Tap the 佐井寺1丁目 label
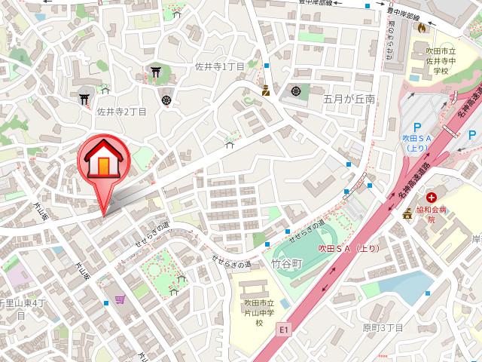pos(219,66)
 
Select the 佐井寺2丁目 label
pos(121,112)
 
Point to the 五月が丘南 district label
pos(349,99)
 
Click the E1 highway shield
pos(283,329)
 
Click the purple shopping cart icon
pos(120,299)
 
